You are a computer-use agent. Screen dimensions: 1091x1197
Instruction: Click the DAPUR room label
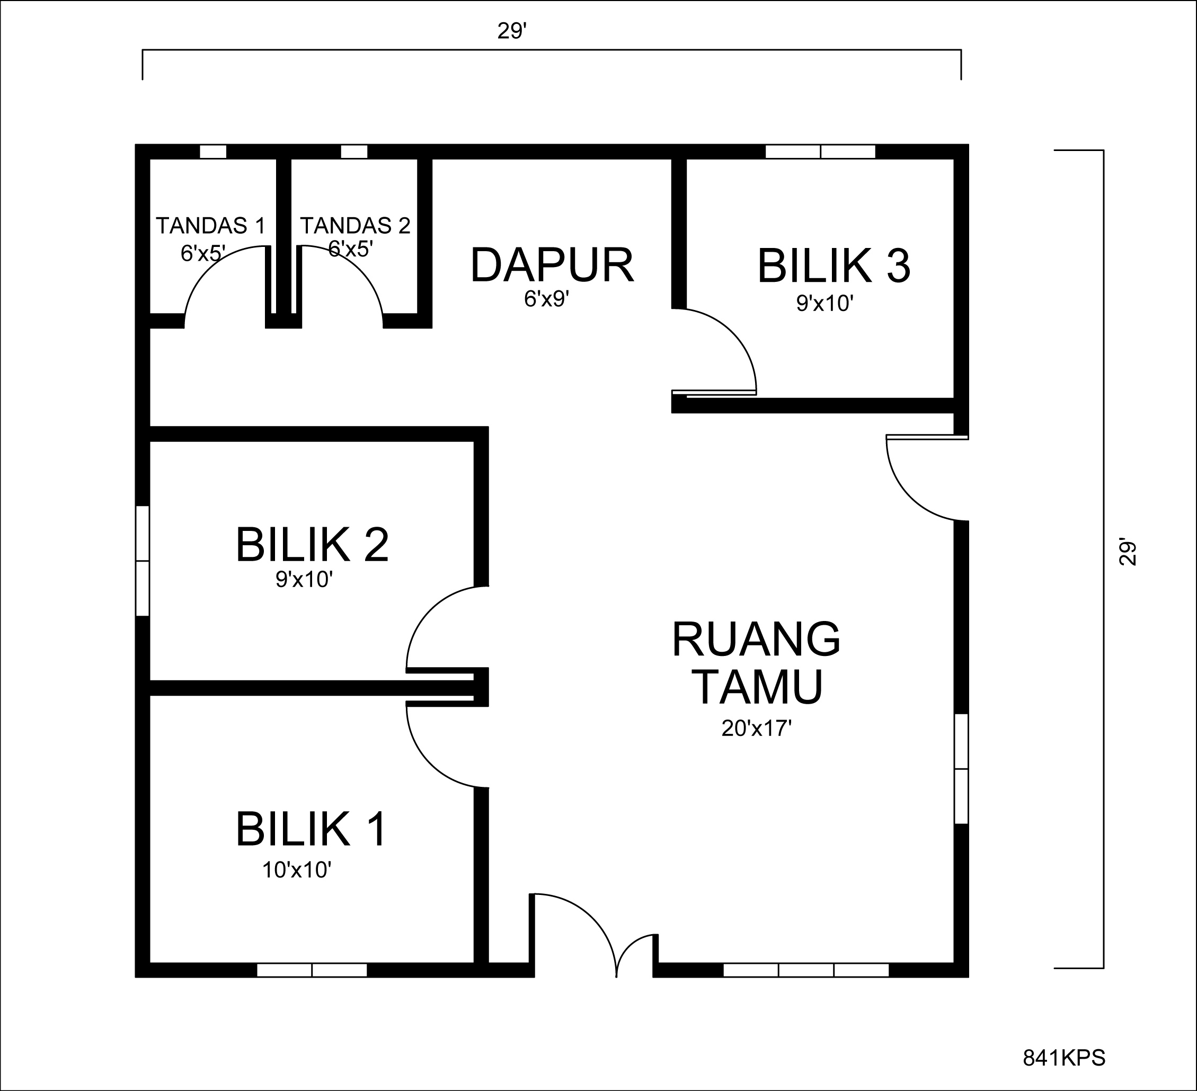tap(552, 266)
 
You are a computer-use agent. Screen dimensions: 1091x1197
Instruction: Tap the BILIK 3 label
tap(834, 267)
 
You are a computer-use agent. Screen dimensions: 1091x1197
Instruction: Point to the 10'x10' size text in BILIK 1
tap(296, 870)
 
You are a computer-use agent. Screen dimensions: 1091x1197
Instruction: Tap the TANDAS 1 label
tap(210, 226)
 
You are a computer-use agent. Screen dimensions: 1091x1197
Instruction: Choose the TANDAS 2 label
tap(355, 226)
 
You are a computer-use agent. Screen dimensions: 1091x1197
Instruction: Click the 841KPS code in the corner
tap(1064, 1058)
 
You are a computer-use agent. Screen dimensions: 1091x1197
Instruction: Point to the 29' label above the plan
tap(512, 31)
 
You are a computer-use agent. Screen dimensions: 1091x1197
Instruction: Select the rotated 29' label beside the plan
tap(1128, 552)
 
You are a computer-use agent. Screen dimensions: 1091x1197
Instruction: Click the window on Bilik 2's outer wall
tap(143, 561)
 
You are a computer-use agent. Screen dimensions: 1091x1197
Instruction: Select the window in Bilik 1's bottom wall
tap(312, 970)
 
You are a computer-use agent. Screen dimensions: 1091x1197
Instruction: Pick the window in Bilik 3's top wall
tap(820, 152)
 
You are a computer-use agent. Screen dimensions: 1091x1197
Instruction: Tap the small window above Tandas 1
tap(212, 152)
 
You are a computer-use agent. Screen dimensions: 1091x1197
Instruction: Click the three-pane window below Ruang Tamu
tap(806, 970)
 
